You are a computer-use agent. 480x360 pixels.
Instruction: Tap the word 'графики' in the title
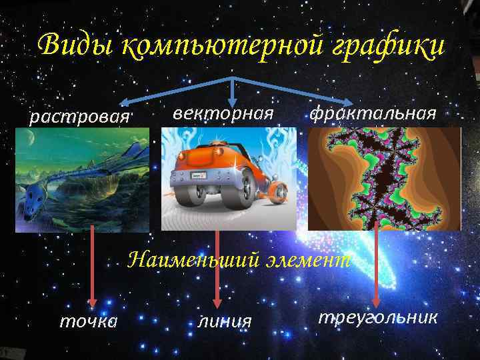pyautogui.click(x=373, y=46)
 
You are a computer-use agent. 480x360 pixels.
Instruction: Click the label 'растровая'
pyautogui.click(x=79, y=117)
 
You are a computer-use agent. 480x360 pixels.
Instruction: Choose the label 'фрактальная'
pyautogui.click(x=373, y=113)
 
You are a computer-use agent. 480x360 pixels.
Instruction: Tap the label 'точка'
pyautogui.click(x=89, y=321)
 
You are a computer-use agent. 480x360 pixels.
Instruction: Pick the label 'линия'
pyautogui.click(x=225, y=321)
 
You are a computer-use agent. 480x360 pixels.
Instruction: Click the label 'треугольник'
pyautogui.click(x=378, y=317)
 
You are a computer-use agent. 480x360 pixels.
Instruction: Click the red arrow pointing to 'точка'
pyautogui.click(x=93, y=267)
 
